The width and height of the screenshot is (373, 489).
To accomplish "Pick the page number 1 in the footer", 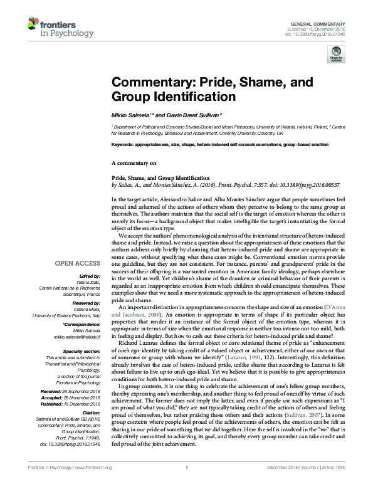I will [x=186, y=485].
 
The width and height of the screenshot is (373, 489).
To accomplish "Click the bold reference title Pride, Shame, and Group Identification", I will [x=160, y=178].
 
